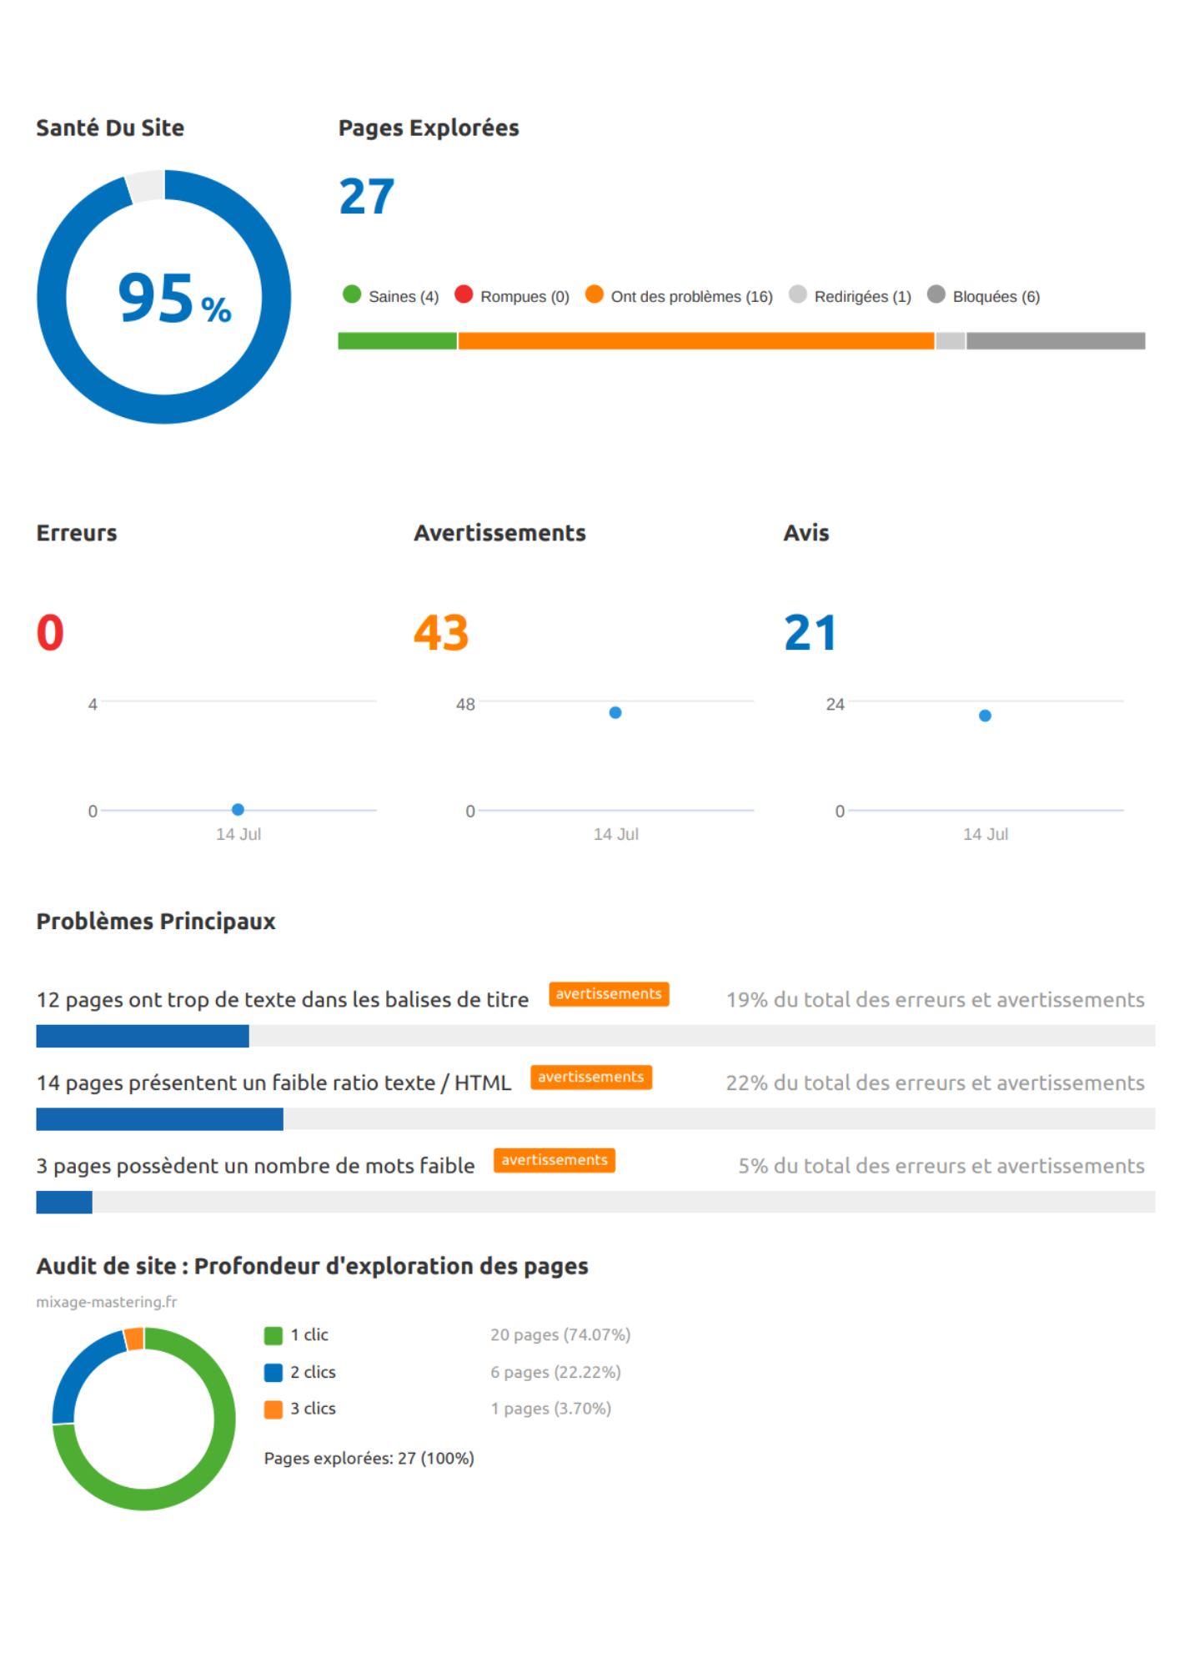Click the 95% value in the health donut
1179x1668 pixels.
[173, 299]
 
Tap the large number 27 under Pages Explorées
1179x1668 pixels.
[366, 198]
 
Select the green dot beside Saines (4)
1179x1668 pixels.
[352, 294]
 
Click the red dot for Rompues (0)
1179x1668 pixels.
[464, 294]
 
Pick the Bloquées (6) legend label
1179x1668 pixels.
[996, 297]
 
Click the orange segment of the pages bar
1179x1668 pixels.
[695, 341]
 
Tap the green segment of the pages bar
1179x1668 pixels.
[397, 341]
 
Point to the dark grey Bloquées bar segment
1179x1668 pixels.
[1055, 341]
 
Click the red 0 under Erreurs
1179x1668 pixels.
[50, 633]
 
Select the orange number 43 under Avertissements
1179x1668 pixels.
[441, 633]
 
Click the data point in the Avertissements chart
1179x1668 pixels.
[615, 713]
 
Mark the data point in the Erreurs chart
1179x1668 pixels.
[238, 810]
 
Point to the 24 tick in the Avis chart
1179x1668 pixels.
[835, 705]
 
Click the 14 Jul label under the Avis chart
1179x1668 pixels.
[985, 834]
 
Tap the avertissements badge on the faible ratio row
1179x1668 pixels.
[590, 1078]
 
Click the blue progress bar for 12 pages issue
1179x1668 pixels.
[143, 1036]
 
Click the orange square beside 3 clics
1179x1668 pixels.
[273, 1409]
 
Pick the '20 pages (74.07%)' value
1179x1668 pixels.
[560, 1335]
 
